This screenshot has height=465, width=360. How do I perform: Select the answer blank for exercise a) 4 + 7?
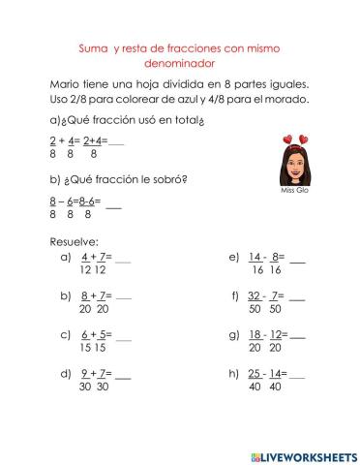coord(123,259)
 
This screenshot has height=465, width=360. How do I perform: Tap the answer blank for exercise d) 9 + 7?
coord(123,373)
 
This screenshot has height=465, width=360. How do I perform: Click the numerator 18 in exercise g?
coord(255,334)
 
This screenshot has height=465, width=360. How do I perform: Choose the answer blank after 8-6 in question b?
coord(113,203)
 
